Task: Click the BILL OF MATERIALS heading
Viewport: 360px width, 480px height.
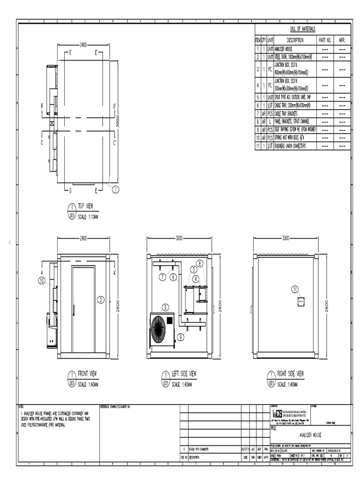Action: (x=302, y=29)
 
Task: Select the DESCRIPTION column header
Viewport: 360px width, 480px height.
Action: (x=295, y=41)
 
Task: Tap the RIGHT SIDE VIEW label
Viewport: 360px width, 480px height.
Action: (x=290, y=374)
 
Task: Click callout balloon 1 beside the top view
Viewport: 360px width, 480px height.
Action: (x=116, y=189)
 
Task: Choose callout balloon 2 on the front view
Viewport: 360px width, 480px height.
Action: (x=100, y=300)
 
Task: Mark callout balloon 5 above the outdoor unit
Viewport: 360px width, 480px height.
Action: (x=165, y=307)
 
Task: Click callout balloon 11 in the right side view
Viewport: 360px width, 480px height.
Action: (x=295, y=289)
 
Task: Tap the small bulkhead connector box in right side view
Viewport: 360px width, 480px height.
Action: (x=301, y=301)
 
